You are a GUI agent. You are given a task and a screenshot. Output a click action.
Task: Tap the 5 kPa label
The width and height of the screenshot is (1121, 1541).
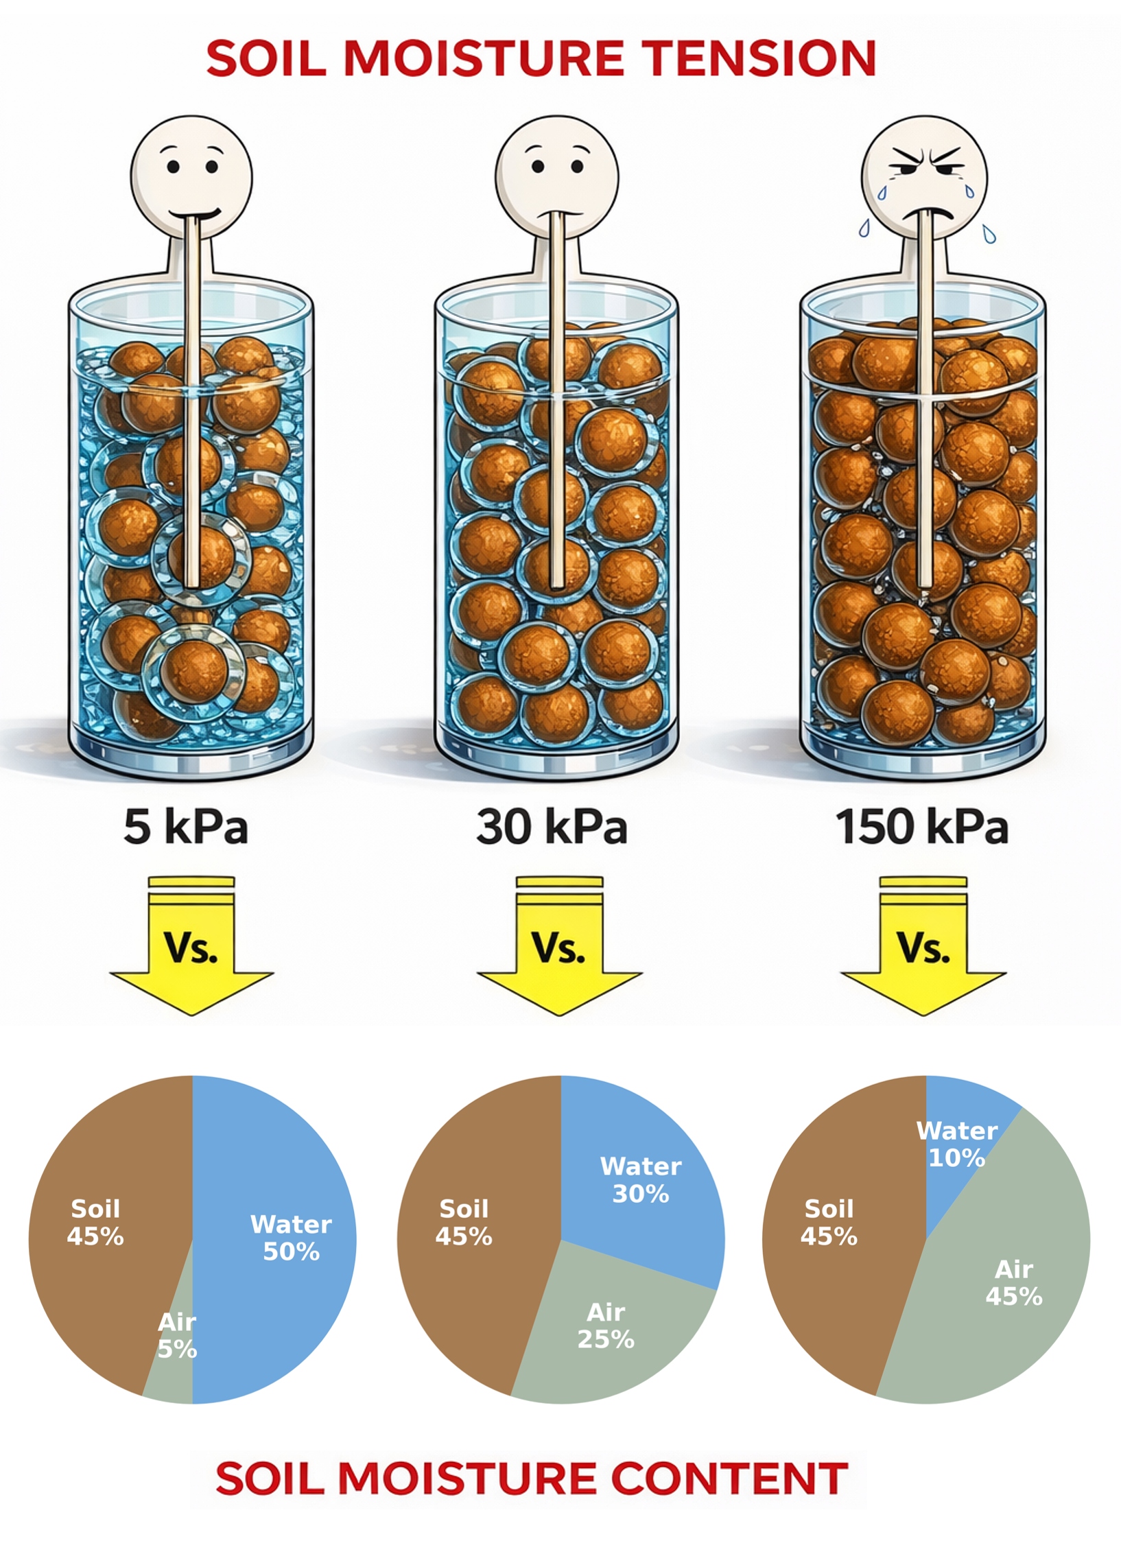(185, 827)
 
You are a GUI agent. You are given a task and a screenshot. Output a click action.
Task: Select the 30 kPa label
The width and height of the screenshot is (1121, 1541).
(552, 827)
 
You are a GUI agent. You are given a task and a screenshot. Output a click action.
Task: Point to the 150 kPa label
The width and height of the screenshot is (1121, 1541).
(921, 827)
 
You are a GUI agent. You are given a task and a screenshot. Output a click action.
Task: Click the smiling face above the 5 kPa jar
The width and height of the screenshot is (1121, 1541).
(191, 176)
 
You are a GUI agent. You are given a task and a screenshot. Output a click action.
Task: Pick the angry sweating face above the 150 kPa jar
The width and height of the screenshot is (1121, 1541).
(924, 176)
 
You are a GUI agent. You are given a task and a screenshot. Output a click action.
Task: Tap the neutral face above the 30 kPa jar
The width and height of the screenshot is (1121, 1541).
(557, 176)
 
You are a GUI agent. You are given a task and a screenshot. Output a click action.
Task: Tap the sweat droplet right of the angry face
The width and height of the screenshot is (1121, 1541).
(988, 234)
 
